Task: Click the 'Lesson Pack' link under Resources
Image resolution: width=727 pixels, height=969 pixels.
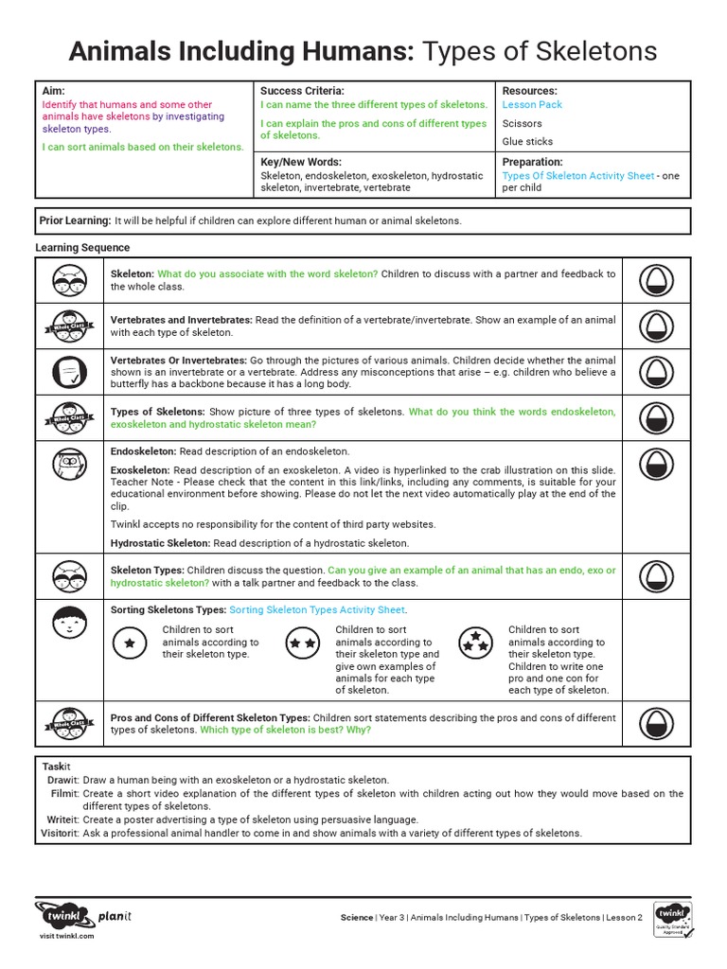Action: click(x=532, y=105)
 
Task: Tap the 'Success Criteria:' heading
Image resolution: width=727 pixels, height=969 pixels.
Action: click(x=295, y=90)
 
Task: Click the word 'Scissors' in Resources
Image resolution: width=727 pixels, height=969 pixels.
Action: click(x=522, y=123)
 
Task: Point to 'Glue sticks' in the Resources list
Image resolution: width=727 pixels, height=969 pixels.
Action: click(x=527, y=141)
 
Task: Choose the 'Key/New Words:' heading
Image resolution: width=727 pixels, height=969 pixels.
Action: click(x=301, y=162)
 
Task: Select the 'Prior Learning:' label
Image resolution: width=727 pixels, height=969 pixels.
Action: click(x=75, y=220)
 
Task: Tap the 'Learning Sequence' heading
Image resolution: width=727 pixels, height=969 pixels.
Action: click(x=83, y=248)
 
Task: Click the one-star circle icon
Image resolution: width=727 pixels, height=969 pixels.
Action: click(x=130, y=643)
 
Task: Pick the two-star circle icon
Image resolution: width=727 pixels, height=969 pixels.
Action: click(x=303, y=643)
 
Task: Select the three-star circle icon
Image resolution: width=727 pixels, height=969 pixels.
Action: click(x=475, y=643)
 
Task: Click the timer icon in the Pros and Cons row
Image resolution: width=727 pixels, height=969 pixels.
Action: click(x=655, y=724)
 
